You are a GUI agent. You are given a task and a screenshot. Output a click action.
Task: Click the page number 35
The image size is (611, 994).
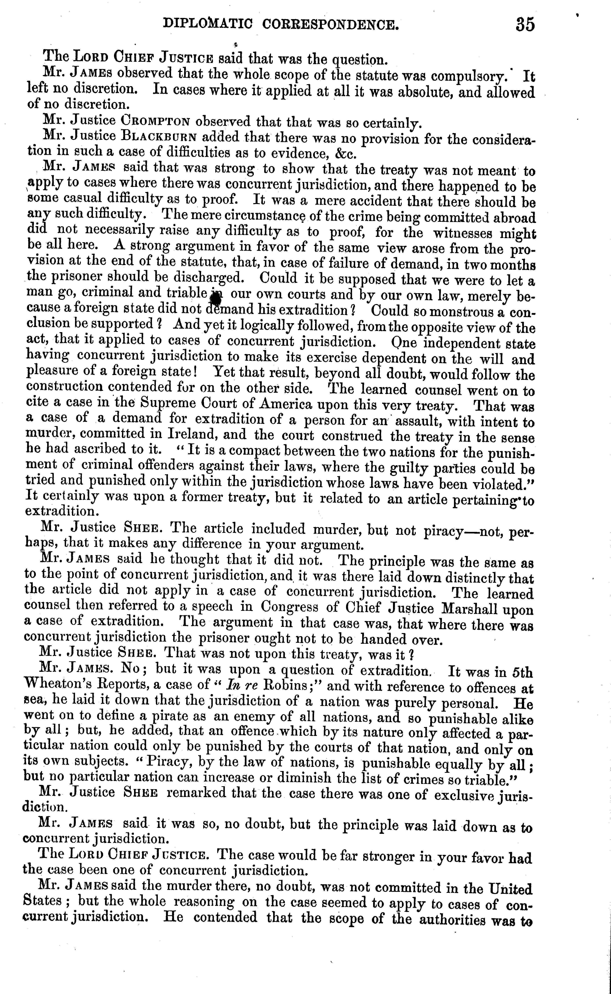(x=525, y=25)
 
